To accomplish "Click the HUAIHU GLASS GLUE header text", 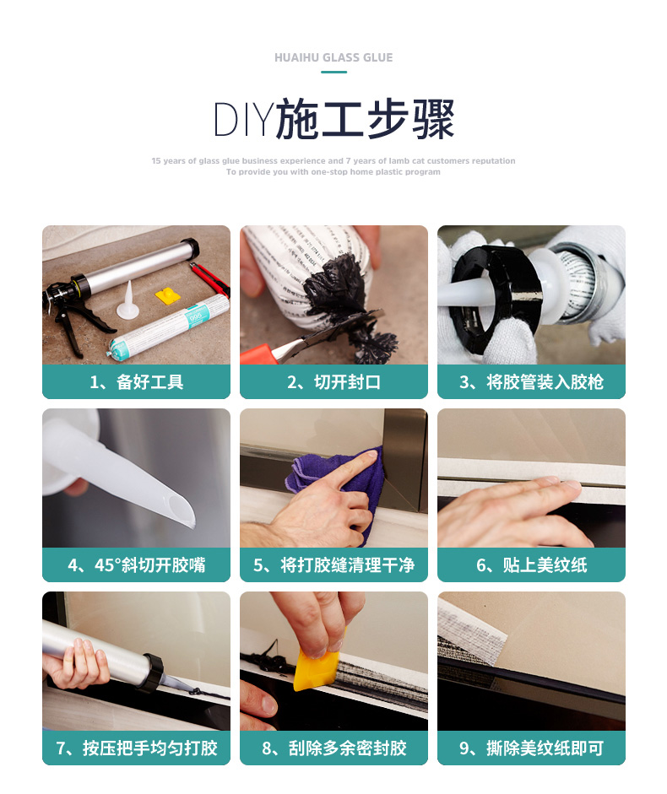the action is (x=333, y=57).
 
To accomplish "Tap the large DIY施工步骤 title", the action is (x=333, y=120).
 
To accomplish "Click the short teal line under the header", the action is (x=333, y=72).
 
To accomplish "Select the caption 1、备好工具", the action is (x=136, y=381).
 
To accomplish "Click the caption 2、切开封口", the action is (x=334, y=381).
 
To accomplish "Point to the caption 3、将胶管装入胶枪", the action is (x=531, y=381).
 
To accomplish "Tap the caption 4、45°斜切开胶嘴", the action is (x=136, y=564).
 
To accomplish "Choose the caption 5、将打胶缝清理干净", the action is (x=334, y=564).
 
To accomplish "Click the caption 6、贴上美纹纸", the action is (x=531, y=564).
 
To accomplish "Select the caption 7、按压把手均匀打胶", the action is (x=136, y=748).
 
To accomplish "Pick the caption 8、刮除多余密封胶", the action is (x=334, y=748).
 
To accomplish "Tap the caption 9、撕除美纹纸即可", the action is (x=531, y=748).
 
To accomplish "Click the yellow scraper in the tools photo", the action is (x=168, y=296).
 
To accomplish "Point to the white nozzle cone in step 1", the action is (x=127, y=302).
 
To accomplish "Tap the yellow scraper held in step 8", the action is (x=317, y=667).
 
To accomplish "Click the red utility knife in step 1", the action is (x=210, y=279).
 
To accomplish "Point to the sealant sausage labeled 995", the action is (x=167, y=328).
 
